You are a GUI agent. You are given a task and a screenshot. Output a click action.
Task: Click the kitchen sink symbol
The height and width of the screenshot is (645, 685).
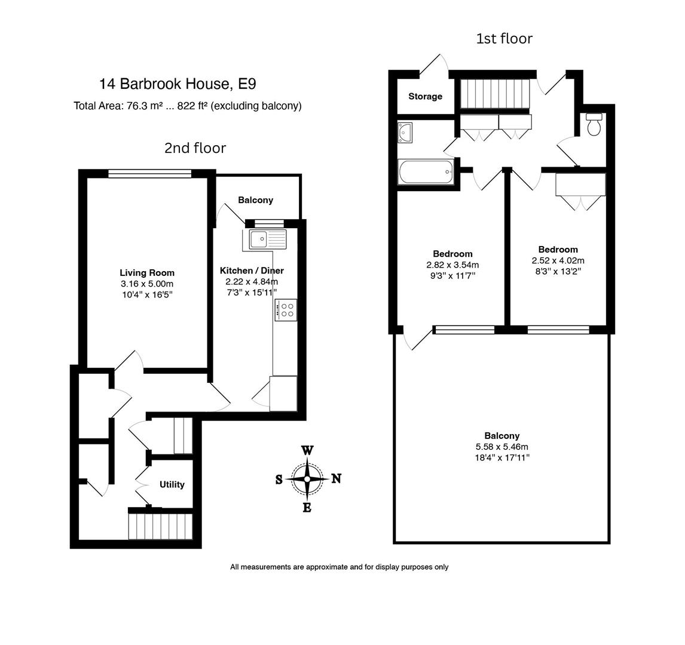[268, 239]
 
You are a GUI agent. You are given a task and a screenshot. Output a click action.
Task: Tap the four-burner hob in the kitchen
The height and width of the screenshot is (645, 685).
[286, 310]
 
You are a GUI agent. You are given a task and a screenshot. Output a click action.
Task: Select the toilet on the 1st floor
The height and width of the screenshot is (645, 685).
[594, 125]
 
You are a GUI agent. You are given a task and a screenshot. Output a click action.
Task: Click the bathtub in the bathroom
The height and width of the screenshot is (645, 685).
[426, 173]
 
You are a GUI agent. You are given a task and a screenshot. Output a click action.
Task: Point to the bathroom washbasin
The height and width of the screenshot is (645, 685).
[405, 133]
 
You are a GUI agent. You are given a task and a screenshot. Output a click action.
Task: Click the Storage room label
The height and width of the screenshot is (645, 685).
[426, 96]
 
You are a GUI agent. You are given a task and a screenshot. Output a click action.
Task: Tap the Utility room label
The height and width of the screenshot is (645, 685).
[172, 484]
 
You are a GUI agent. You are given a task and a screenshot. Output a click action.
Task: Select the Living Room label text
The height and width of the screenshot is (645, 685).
[147, 273]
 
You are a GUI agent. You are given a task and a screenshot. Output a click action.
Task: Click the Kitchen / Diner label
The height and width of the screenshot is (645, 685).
[252, 271]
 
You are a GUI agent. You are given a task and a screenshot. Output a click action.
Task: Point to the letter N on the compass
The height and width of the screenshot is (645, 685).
[337, 478]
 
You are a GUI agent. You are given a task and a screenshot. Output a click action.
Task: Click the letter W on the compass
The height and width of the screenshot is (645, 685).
[307, 451]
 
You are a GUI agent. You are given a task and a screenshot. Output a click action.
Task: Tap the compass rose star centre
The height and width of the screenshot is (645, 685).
[307, 478]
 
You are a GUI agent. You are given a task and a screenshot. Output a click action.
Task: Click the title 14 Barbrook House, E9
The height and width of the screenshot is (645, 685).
[178, 84]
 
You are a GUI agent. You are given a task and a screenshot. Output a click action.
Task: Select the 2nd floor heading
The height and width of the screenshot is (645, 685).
[195, 148]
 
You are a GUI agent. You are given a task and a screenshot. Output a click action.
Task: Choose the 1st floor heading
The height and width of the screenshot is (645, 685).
[504, 39]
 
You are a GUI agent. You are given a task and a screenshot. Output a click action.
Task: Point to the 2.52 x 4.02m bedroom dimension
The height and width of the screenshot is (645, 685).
[558, 260]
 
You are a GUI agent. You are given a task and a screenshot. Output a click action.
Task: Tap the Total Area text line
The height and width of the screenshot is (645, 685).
[187, 106]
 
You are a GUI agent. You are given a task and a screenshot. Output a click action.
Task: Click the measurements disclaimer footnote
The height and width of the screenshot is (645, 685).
[339, 567]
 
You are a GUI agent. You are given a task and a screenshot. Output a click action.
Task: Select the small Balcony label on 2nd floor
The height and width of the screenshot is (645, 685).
[255, 200]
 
